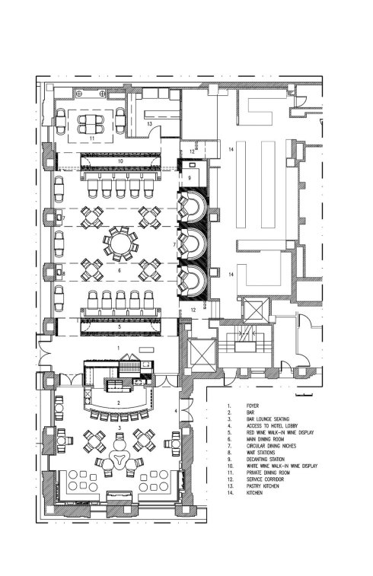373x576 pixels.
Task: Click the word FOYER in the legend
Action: (x=253, y=406)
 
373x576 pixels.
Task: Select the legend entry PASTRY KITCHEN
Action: (x=263, y=486)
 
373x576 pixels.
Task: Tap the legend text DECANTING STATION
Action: (x=266, y=459)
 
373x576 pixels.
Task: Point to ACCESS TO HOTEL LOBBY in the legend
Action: (x=273, y=426)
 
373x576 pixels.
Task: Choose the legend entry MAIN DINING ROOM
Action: (x=266, y=439)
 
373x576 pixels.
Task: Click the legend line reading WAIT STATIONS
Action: (x=261, y=453)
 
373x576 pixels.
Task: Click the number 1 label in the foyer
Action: (x=118, y=347)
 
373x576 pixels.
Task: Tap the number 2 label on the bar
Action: (x=119, y=403)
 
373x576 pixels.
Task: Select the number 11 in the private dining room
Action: (x=92, y=138)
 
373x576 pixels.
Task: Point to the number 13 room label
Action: (x=149, y=124)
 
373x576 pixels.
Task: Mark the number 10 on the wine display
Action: (x=120, y=161)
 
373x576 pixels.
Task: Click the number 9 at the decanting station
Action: (x=190, y=178)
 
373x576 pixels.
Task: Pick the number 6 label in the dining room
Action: (x=120, y=271)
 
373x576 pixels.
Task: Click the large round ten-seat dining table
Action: (x=121, y=243)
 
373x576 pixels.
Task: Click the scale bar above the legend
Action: (x=304, y=395)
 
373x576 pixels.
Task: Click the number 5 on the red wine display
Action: (x=120, y=326)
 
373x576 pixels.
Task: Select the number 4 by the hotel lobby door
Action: (x=176, y=411)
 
